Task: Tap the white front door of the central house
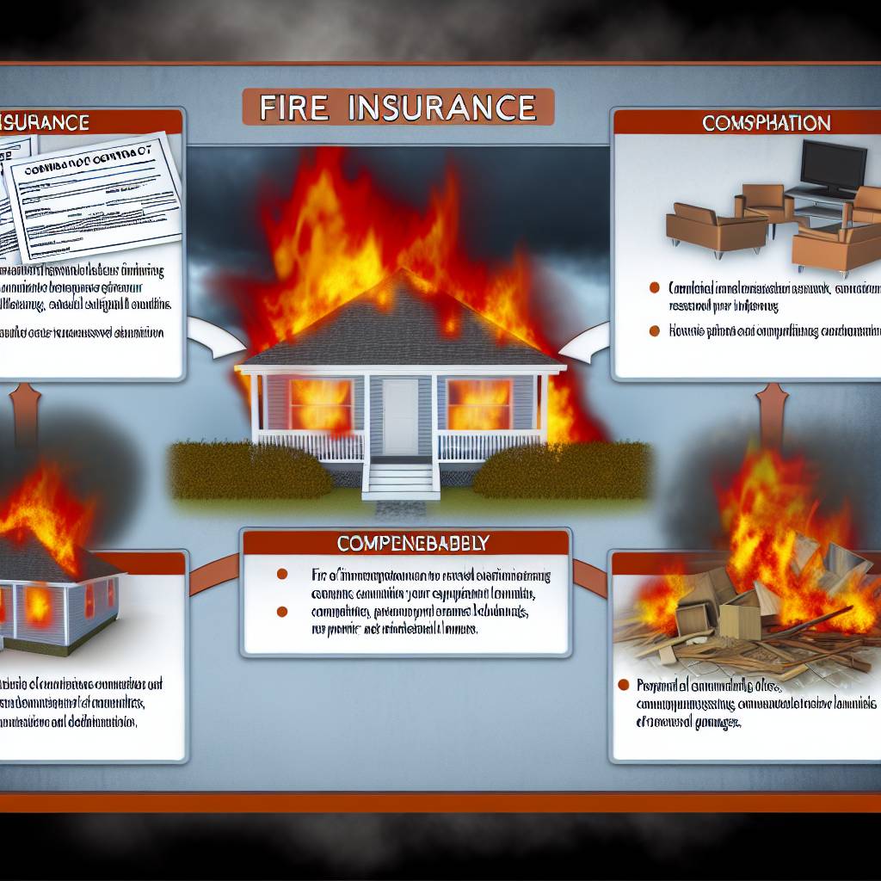(x=400, y=416)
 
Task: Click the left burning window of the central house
(x=321, y=404)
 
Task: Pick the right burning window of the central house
(x=480, y=404)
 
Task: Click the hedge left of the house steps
(x=250, y=469)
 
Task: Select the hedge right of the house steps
(x=559, y=469)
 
